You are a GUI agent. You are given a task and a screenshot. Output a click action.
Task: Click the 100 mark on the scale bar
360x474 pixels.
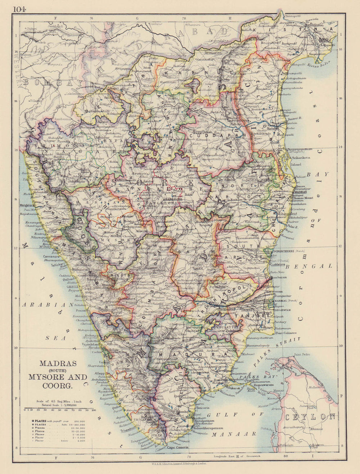93,410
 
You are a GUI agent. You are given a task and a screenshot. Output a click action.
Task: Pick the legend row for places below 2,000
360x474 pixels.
58,441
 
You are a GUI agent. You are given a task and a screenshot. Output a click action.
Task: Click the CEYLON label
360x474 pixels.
310,417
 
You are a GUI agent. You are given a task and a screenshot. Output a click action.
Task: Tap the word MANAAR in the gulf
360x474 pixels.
234,434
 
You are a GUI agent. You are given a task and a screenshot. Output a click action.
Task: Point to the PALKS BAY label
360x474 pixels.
265,376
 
